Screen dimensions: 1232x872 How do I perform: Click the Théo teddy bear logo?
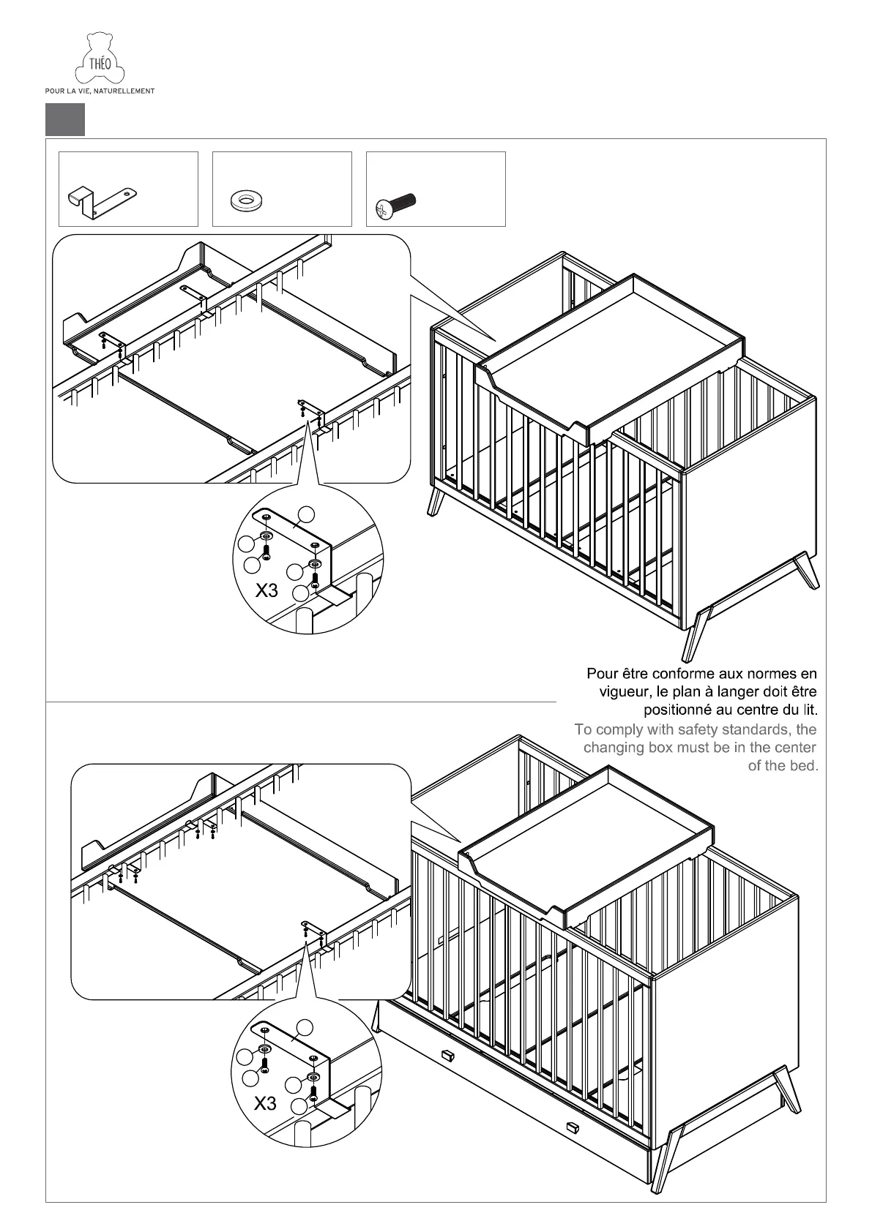(x=100, y=59)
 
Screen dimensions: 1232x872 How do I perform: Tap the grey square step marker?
(x=65, y=119)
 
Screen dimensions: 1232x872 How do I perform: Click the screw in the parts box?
(x=395, y=206)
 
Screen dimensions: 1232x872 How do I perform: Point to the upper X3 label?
(x=267, y=590)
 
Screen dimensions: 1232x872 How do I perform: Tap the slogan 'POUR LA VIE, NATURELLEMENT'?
(x=100, y=91)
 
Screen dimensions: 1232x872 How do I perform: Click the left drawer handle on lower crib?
(x=447, y=1055)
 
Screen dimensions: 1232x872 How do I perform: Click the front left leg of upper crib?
(x=437, y=501)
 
